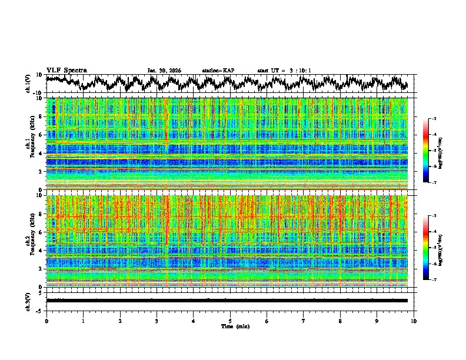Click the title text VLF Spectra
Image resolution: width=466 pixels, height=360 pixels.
point(66,71)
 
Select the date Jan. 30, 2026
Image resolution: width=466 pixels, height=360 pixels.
point(164,71)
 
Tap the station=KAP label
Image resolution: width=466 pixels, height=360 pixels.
point(218,71)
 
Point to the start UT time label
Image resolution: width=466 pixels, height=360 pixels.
point(284,71)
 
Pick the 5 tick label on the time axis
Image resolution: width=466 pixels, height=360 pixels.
point(230,321)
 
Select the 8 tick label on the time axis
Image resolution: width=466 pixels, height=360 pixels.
point(340,321)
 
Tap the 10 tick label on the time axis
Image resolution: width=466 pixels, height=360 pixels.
point(414,321)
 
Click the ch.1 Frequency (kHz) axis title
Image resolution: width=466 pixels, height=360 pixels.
point(30,144)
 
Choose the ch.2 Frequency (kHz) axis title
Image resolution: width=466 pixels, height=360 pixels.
point(30,241)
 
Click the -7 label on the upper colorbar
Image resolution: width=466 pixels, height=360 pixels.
point(435,183)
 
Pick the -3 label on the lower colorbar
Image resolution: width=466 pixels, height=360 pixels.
point(435,216)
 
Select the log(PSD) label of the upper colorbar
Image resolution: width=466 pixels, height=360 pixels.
point(448,151)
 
